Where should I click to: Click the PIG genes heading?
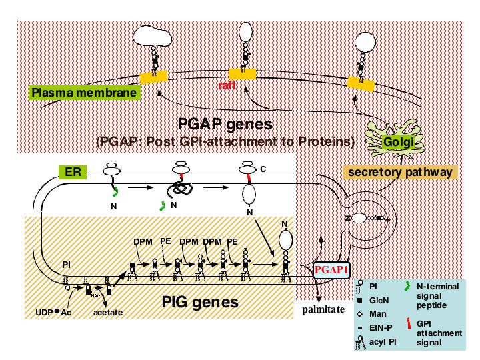[x=200, y=302]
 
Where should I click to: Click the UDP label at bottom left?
[x=44, y=312]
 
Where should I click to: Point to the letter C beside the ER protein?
[x=263, y=171]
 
